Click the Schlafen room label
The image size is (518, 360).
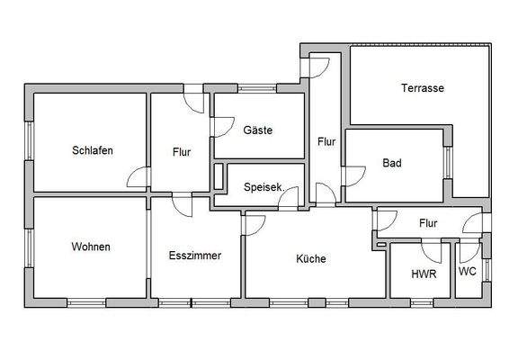click(93, 151)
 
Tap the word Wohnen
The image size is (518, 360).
click(92, 247)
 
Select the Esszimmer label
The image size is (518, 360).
click(194, 256)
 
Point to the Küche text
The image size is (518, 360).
click(311, 258)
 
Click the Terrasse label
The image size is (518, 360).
click(423, 88)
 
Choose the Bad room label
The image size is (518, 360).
click(391, 163)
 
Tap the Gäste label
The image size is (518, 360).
click(258, 130)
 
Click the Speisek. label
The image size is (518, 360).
click(263, 187)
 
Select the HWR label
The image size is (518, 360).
click(424, 274)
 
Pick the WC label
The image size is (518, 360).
click(468, 271)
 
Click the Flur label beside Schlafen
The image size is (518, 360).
click(181, 152)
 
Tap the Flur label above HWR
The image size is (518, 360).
click(428, 222)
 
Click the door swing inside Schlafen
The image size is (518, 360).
click(138, 178)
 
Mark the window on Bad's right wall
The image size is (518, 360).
click(447, 165)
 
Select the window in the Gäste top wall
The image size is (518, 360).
click(257, 88)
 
